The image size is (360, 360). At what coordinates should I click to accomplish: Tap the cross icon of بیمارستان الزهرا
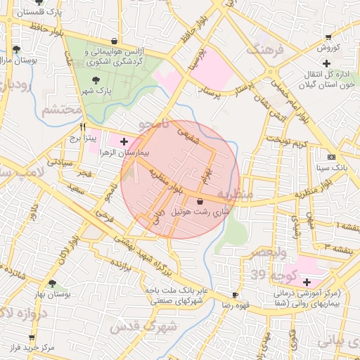(x=124, y=141)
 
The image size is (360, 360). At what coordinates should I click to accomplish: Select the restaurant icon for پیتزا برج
(x=83, y=127)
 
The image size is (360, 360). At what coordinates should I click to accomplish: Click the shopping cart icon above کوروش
(x=328, y=38)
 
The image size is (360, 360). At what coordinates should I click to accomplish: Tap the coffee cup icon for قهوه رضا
(x=235, y=295)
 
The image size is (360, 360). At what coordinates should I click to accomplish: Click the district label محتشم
(x=56, y=110)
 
